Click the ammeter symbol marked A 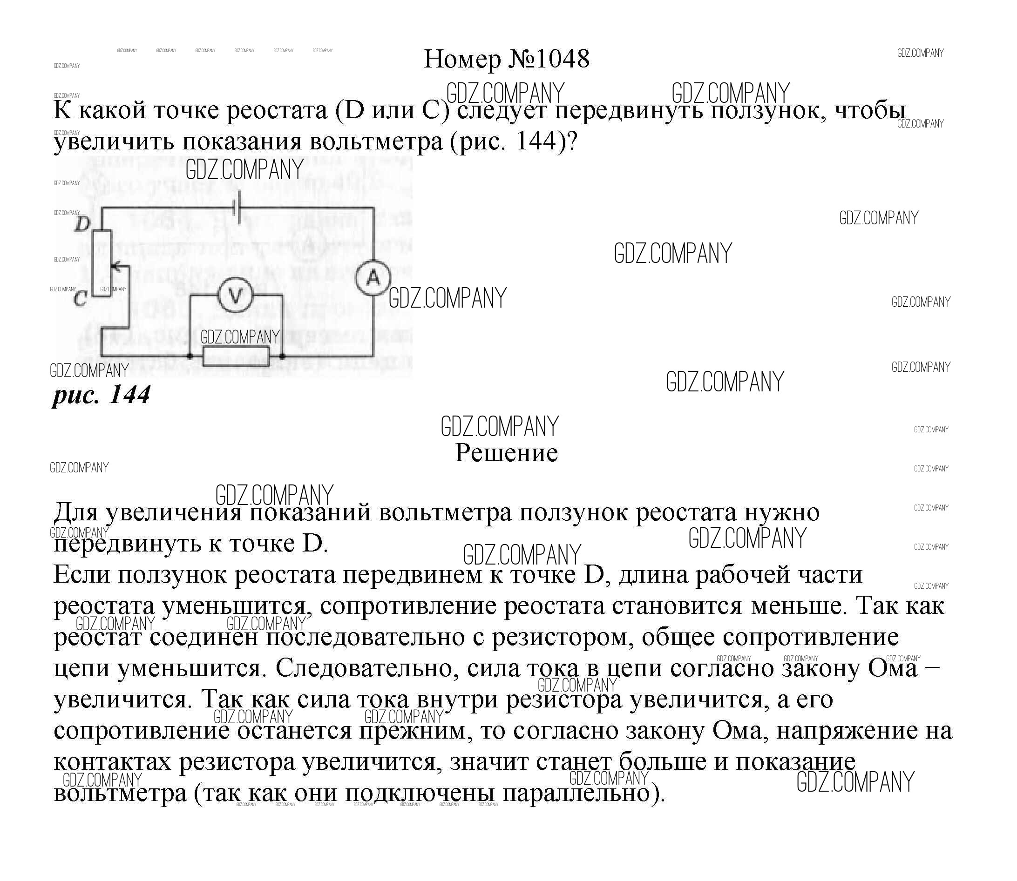(x=373, y=278)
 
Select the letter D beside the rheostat (x=83, y=224)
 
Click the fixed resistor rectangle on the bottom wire (x=236, y=356)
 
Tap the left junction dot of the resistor (x=190, y=356)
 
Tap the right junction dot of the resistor (x=282, y=356)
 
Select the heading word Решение (x=506, y=453)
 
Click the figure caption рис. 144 (x=101, y=394)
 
